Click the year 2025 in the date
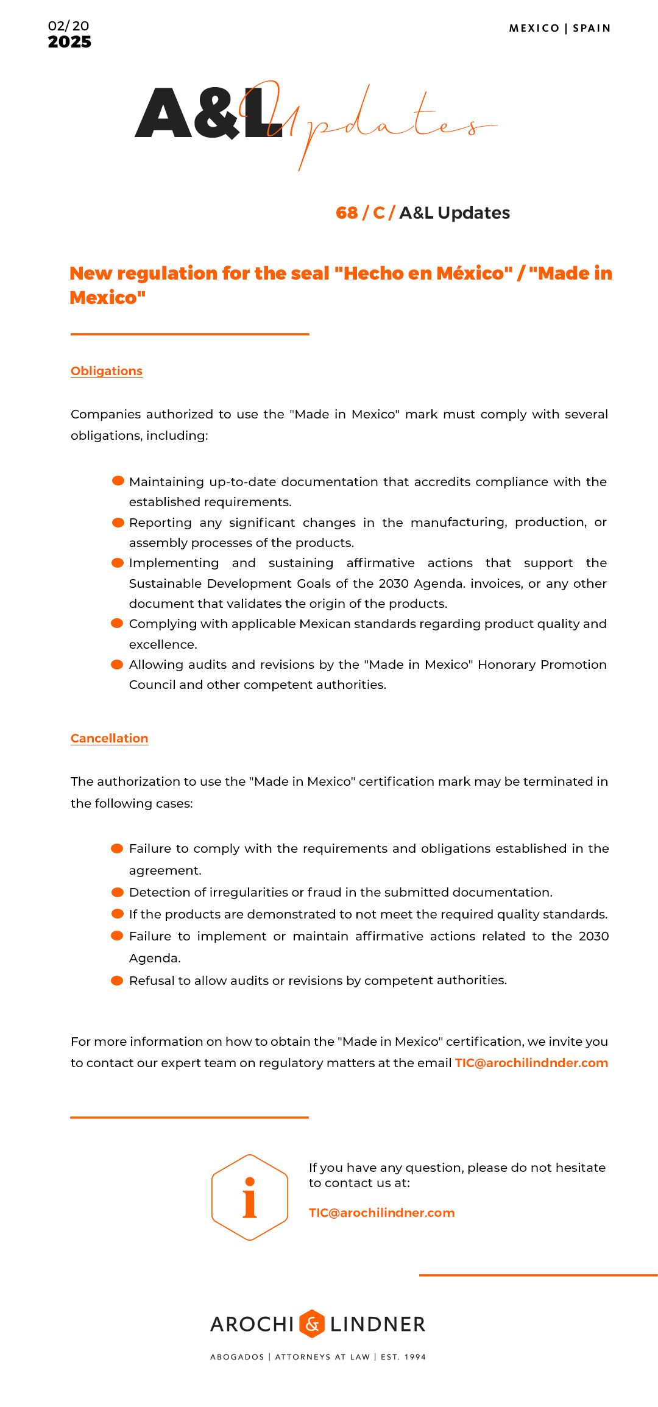[69, 42]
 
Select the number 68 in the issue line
[347, 213]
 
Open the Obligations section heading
[107, 371]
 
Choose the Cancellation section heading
[110, 738]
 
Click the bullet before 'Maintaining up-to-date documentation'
[118, 481]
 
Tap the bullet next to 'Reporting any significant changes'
[118, 522]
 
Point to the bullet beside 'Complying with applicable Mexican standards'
[118, 623]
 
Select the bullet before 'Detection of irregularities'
[118, 892]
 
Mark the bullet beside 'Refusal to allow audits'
[118, 980]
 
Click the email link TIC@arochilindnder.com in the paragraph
[531, 1063]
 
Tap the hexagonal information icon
[250, 1197]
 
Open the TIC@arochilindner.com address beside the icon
[381, 1213]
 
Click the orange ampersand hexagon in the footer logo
[312, 1324]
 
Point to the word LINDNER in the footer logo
[378, 1324]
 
